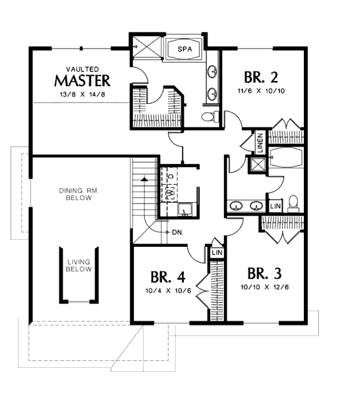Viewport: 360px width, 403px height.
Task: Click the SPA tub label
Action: [x=184, y=49]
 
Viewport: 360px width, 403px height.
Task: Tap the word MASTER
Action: [x=82, y=80]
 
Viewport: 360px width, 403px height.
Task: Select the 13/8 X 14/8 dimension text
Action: [x=82, y=94]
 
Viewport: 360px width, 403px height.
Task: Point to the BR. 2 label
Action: [x=261, y=77]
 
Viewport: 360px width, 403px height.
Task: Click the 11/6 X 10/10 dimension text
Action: [x=261, y=91]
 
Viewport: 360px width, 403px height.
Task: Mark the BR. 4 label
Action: [x=168, y=277]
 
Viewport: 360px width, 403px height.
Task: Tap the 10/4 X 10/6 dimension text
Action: [x=169, y=291]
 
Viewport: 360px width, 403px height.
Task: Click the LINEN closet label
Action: [x=260, y=143]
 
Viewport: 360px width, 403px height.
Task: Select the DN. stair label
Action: [x=178, y=232]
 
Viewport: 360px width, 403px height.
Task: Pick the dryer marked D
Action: [x=171, y=176]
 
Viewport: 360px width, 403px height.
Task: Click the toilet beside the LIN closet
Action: [x=294, y=203]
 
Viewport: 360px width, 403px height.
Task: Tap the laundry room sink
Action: [x=184, y=209]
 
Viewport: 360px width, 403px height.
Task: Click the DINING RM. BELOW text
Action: [x=79, y=194]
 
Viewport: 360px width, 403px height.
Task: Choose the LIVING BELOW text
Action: [x=79, y=265]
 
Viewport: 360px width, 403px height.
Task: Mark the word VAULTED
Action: [x=82, y=70]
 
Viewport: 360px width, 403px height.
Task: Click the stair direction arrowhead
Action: [x=145, y=179]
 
